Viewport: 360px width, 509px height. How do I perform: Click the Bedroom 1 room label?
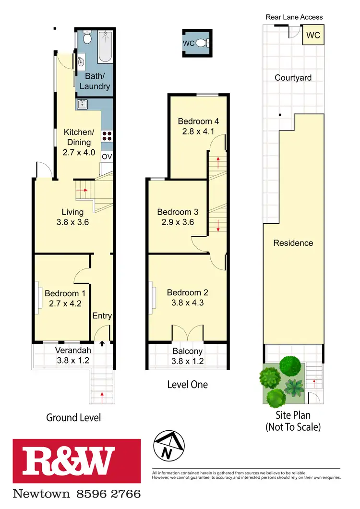point(65,293)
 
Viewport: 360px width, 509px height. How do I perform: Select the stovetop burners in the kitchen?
point(107,136)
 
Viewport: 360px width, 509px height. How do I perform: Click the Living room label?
point(72,212)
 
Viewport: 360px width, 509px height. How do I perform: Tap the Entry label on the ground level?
point(102,315)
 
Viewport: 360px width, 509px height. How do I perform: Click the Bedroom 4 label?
point(196,121)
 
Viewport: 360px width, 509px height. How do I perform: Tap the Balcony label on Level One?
point(188,351)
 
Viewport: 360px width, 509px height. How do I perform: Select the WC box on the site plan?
point(312,36)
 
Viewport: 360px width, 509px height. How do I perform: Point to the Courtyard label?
point(293,77)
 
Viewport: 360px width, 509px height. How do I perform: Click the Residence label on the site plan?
point(293,243)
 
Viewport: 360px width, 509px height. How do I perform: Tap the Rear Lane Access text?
point(294,17)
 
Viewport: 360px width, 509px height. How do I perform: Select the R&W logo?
point(77,461)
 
